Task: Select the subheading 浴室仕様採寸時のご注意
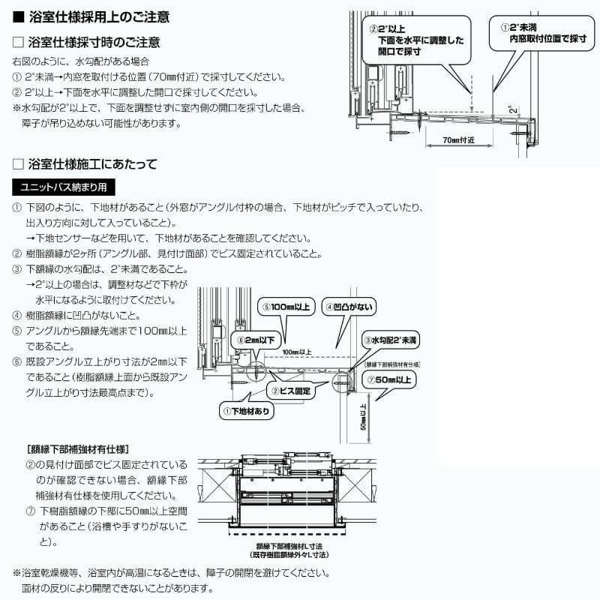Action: (93, 43)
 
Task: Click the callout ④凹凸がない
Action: (349, 307)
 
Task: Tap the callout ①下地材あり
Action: (246, 411)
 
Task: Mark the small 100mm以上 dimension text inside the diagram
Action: (298, 351)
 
